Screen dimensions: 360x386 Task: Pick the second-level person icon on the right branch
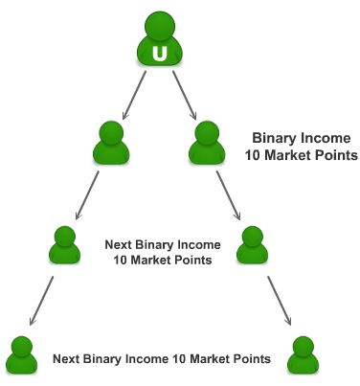207,143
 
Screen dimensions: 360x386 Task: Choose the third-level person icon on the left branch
64,246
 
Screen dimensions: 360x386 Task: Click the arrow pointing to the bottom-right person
277,298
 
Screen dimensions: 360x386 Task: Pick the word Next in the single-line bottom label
70,359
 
